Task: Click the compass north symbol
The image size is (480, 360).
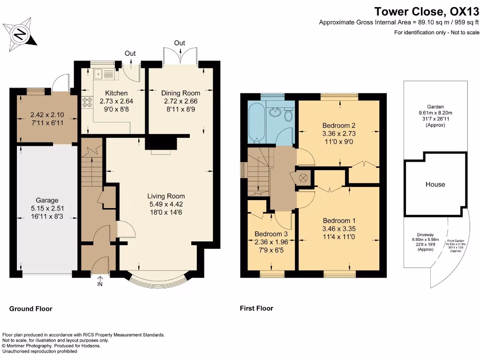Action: coord(20,34)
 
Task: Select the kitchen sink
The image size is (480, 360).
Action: coord(104,74)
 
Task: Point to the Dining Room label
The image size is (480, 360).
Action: coord(180,93)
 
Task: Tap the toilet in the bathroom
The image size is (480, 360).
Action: coord(288,114)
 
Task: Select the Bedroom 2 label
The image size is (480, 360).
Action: coord(339,125)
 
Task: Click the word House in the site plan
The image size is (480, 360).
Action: coord(435,184)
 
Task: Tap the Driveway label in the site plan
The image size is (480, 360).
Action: coord(420,236)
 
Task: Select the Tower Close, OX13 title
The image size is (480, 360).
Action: coord(426,11)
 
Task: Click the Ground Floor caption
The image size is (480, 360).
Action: coord(31,308)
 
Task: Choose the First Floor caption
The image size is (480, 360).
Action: coord(256,308)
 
